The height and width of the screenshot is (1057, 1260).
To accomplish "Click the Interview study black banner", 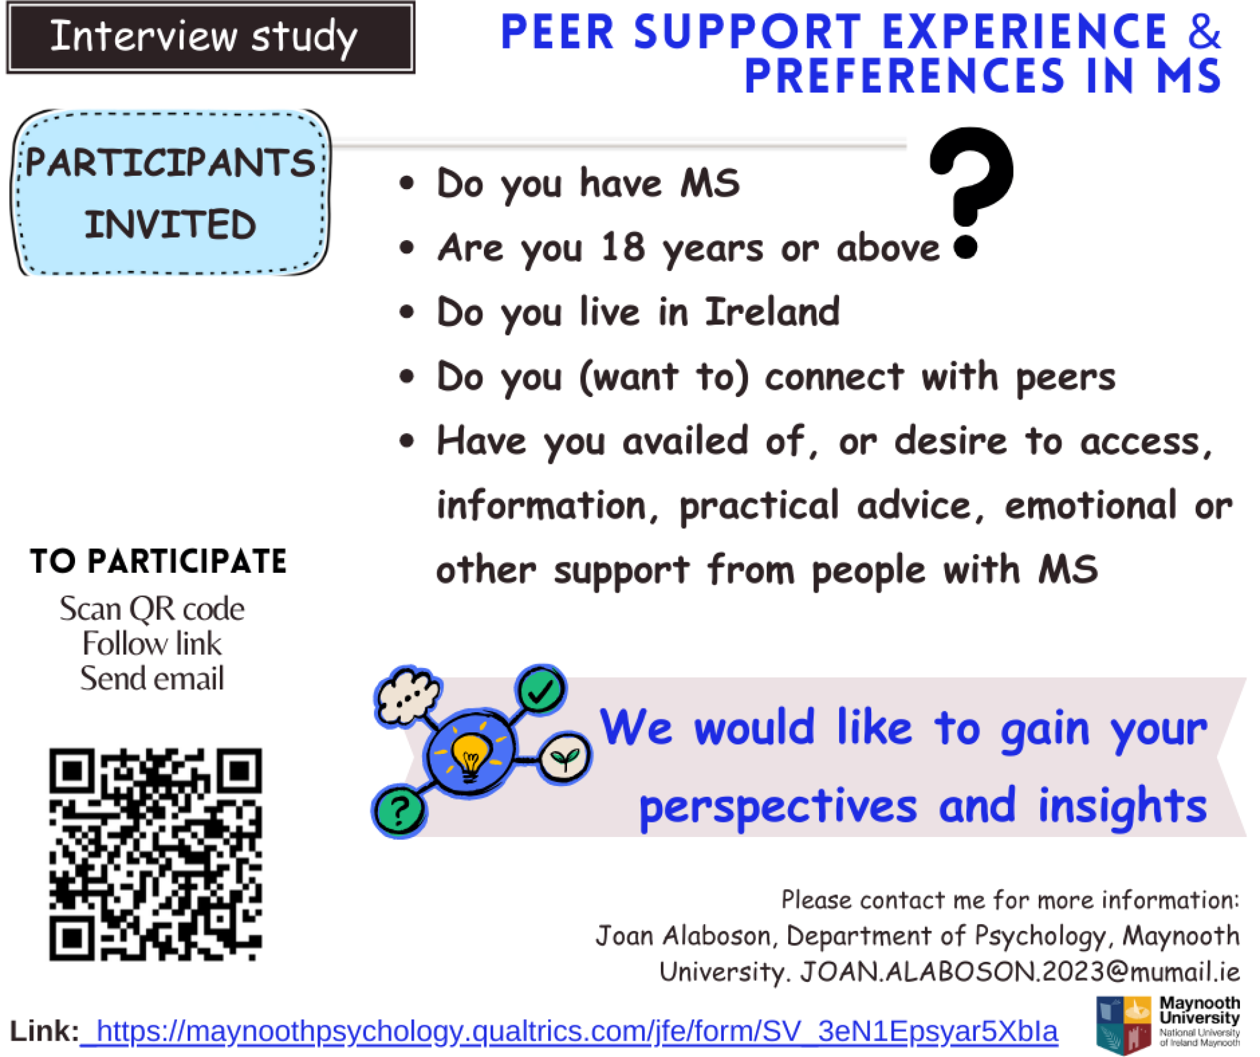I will point(210,37).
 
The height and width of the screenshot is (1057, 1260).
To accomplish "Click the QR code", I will point(156,854).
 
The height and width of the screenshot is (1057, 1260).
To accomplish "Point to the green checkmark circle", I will point(541,691).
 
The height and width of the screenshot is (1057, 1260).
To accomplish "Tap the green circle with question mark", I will point(399,810).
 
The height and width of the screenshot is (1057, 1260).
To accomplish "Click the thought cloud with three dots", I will point(408,695).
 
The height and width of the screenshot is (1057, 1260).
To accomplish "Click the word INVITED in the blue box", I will point(170,225).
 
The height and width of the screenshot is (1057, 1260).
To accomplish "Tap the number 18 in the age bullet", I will point(623,248).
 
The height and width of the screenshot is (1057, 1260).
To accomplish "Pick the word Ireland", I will point(772,312).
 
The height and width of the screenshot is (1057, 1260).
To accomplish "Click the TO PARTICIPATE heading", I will point(158,561).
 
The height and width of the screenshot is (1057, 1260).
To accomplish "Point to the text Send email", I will point(152,679).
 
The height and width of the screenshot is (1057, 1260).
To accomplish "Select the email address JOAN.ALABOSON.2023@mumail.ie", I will point(1019,972).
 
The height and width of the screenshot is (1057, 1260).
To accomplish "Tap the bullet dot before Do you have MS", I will point(407,183).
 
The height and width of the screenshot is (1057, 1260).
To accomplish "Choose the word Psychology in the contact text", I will point(1040,937).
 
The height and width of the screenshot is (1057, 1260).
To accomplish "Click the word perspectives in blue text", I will point(778,807).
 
